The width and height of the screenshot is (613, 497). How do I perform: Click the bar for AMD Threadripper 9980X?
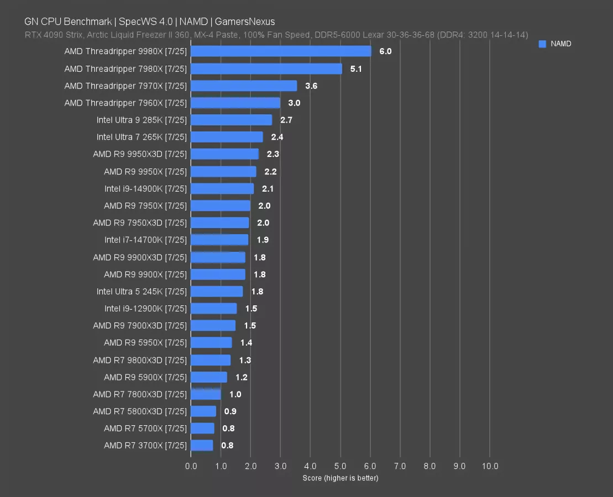281,51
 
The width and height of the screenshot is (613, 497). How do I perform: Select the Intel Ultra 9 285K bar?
231,120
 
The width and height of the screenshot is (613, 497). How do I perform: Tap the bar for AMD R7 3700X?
202,445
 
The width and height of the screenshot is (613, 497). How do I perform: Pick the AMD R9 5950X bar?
211,342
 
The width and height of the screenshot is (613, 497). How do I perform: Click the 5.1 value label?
357,68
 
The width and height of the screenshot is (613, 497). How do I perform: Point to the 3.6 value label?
311,86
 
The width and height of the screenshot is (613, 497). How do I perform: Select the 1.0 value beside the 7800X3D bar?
235,394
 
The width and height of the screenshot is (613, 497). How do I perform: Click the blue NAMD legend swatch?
542,44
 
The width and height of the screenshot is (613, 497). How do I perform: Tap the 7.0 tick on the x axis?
400,466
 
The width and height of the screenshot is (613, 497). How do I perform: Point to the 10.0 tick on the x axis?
490,466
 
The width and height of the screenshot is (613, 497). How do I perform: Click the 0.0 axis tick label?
191,466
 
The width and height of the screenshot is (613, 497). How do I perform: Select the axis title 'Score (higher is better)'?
340,478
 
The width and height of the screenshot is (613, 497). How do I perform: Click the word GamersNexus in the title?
245,22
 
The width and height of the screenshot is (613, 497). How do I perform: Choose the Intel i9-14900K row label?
145,188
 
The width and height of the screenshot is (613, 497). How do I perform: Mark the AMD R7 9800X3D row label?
140,360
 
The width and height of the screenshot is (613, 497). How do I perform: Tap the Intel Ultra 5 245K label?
142,291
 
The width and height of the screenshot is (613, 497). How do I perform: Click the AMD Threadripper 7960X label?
125,103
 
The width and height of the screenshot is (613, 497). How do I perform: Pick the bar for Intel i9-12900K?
213,308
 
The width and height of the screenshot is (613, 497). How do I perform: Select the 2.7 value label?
286,120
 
